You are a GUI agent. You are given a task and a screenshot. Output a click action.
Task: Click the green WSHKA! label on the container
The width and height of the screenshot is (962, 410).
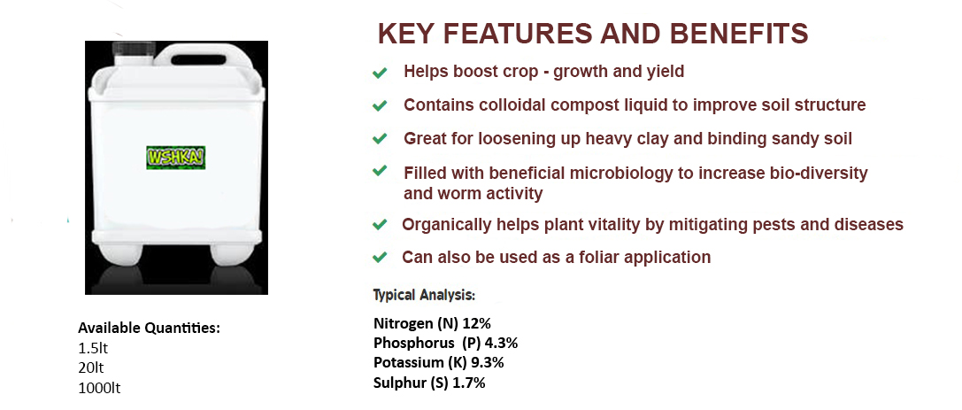point(175,158)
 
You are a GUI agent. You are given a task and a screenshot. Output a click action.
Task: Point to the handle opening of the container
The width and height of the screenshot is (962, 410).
point(197,60)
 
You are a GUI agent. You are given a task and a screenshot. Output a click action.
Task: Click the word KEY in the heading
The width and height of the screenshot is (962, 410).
point(408,34)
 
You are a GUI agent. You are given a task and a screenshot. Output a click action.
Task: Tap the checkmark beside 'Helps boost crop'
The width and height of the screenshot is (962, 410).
point(380,73)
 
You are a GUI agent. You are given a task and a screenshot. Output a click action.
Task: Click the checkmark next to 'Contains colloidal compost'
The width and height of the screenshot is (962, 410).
point(380,106)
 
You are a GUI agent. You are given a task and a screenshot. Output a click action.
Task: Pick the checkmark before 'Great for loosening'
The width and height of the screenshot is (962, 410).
point(380,139)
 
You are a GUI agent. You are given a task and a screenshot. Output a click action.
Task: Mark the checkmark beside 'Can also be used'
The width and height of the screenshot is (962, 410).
point(380,257)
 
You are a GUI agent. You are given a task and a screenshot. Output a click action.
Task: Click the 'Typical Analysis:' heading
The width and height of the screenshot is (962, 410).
point(425,295)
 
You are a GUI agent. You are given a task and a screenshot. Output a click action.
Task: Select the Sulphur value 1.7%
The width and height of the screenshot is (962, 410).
point(469,383)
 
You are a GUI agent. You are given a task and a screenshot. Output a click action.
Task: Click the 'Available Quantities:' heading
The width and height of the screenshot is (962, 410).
point(149,329)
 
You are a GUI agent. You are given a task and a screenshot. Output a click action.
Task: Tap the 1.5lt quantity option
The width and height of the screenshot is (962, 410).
point(93,349)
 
